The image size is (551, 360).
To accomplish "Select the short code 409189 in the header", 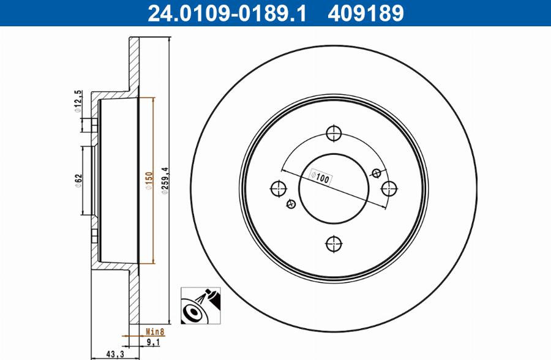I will tap(365, 13).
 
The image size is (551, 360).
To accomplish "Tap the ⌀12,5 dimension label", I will tap(78, 102).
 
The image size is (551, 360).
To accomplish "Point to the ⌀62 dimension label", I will tap(78, 182).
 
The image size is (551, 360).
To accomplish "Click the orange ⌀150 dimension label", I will tap(147, 182).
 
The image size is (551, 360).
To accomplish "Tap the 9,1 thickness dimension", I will tap(152, 343).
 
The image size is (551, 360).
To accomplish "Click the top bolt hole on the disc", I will tap(333, 133).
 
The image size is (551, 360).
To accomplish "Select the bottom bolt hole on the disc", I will tap(333, 244).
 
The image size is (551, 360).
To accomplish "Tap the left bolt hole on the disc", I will tap(278, 188).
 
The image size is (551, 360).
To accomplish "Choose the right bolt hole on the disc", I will tap(388, 188).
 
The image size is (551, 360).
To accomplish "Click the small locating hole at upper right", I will tap(377, 172).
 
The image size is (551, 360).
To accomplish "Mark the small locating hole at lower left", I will tap(290, 204).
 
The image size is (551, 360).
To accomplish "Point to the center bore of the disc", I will tap(333, 188).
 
